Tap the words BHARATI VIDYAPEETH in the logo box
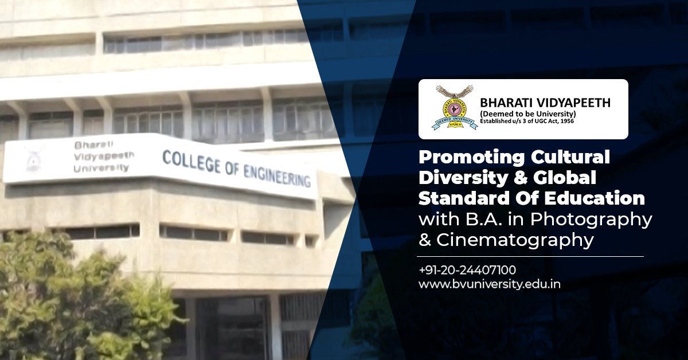[545, 103]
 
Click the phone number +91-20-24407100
[467, 269]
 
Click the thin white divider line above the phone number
[531, 256]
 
